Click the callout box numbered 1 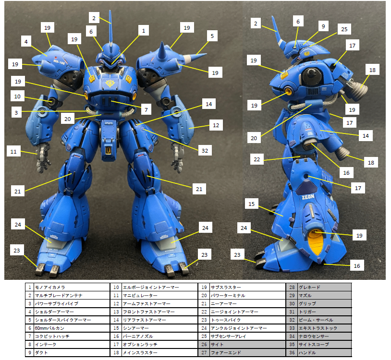[x=144, y=31]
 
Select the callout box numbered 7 [x=146, y=109]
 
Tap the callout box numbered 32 [x=205, y=150]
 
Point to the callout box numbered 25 [x=344, y=29]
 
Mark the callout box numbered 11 [x=13, y=152]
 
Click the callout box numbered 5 [x=212, y=36]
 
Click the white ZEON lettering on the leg [x=308, y=197]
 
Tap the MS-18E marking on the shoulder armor [x=59, y=61]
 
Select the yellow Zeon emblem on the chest [x=110, y=83]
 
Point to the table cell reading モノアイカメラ [x=72, y=287]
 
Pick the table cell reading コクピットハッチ [x=72, y=336]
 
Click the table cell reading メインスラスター [x=159, y=353]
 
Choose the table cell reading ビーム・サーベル [x=325, y=320]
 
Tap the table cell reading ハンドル [x=325, y=353]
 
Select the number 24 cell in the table [x=204, y=328]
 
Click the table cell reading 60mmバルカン [x=72, y=328]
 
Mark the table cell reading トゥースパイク [x=247, y=320]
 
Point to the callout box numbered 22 [x=257, y=159]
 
